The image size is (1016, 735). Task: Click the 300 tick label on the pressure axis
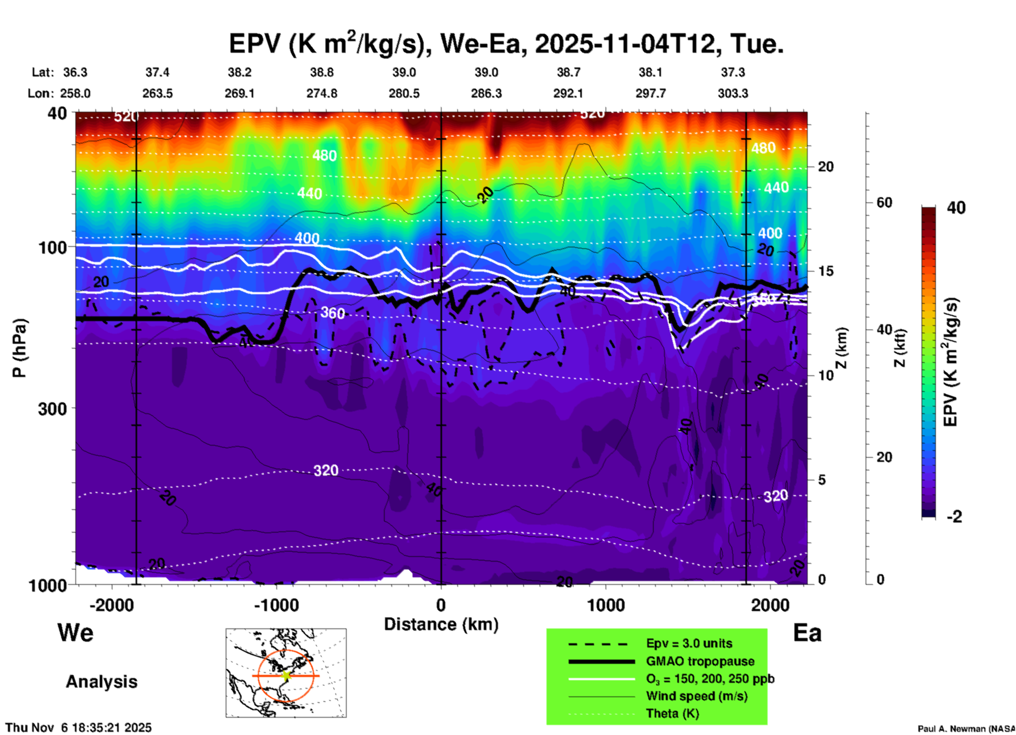(x=52, y=409)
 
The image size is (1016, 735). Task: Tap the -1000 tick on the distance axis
(x=276, y=605)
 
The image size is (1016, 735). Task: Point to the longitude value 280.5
(x=404, y=93)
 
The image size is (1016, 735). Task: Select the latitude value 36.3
(x=75, y=72)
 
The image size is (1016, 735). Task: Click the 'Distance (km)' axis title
(x=441, y=624)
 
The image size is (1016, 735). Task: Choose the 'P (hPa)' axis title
(x=20, y=347)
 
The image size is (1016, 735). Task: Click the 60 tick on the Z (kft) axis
(x=884, y=203)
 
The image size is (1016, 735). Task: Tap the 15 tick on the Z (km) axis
(x=826, y=271)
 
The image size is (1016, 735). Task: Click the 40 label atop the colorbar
(x=956, y=208)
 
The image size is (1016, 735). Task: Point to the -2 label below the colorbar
(x=954, y=517)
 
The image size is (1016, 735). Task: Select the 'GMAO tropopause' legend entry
(x=700, y=661)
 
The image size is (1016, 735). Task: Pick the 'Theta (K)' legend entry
(x=672, y=713)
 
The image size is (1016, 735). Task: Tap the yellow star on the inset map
(x=286, y=675)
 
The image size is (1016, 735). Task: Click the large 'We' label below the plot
(x=75, y=633)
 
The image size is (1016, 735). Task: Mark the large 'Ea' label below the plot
(x=807, y=633)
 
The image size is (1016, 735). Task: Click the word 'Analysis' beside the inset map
(x=101, y=682)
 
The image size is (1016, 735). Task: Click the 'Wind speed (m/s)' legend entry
(x=696, y=696)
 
